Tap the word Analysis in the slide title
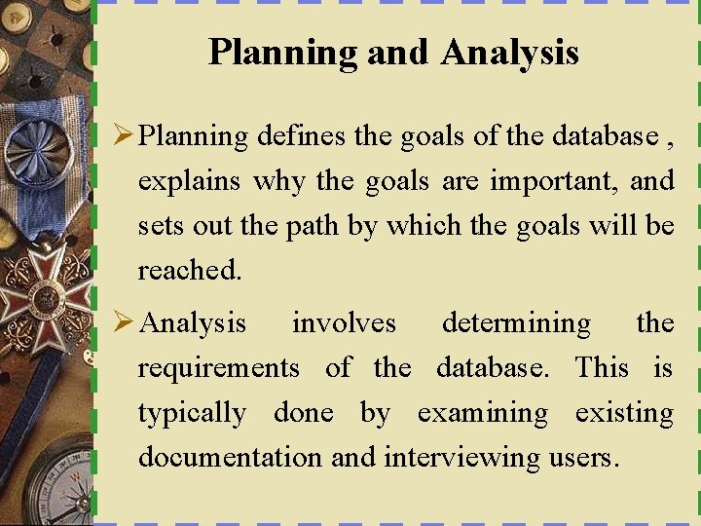pos(509,53)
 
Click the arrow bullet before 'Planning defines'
pos(124,135)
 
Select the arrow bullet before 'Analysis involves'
pos(124,322)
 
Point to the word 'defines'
pos(301,136)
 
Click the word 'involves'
pos(344,323)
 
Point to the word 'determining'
pos(516,323)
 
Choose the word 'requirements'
pos(218,368)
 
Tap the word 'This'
pos(602,367)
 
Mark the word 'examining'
pos(482,413)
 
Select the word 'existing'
pos(624,413)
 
